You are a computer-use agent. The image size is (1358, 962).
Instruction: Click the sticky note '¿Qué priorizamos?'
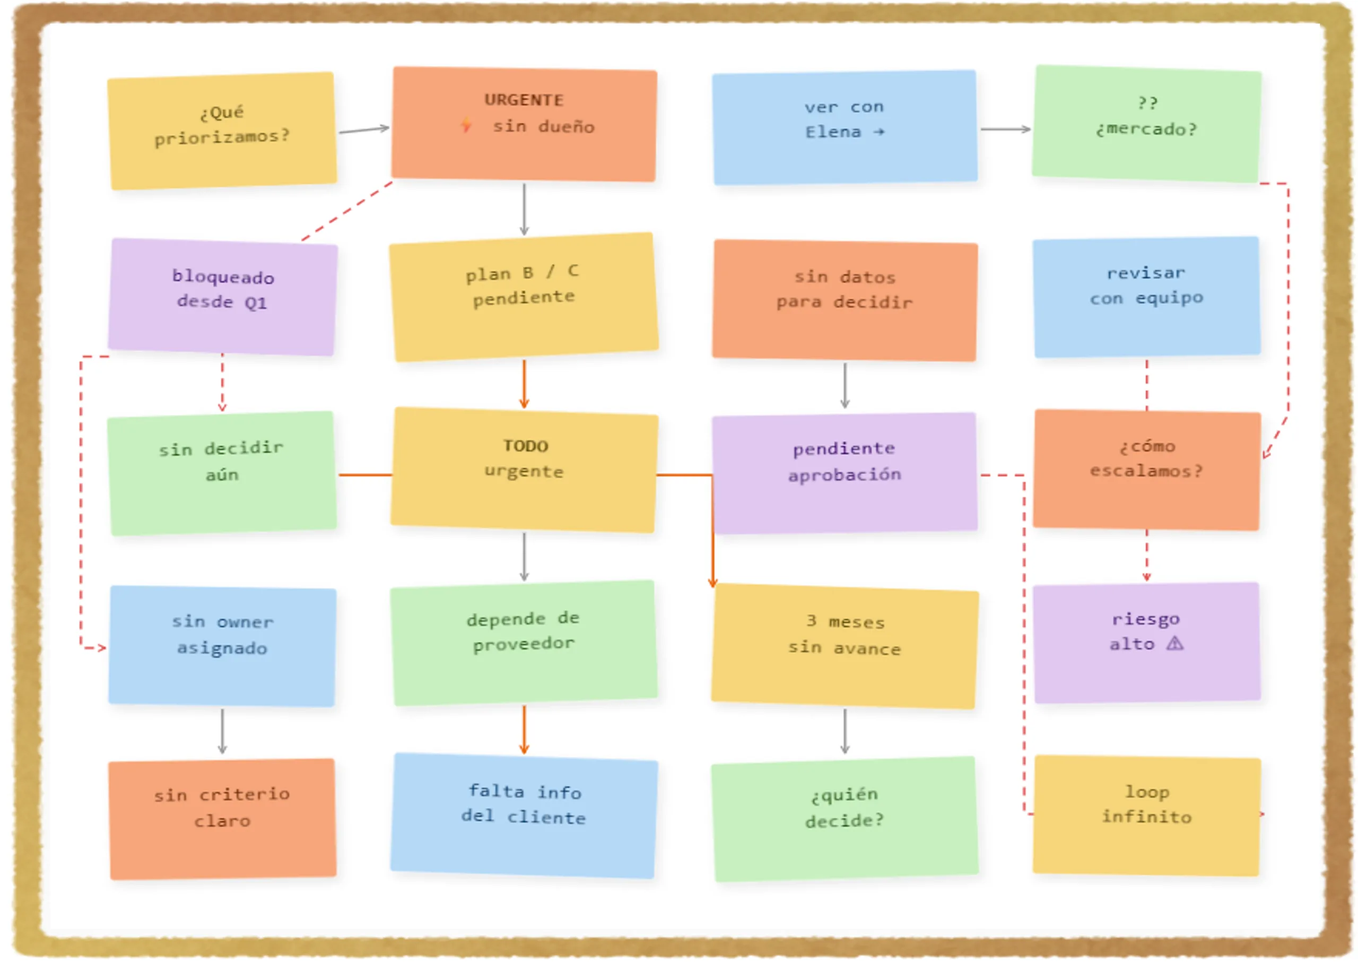pyautogui.click(x=222, y=131)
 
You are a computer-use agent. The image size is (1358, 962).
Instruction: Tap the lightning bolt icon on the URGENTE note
pyautogui.click(x=467, y=125)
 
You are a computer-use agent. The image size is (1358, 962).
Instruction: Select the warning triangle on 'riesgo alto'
pyautogui.click(x=1175, y=643)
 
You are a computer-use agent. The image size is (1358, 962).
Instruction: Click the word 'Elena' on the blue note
pyautogui.click(x=833, y=132)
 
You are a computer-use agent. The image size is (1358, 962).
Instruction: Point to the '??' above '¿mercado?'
pyautogui.click(x=1147, y=103)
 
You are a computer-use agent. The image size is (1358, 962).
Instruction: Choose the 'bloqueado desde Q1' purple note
pyautogui.click(x=223, y=297)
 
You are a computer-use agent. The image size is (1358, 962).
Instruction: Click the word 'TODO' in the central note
pyautogui.click(x=525, y=446)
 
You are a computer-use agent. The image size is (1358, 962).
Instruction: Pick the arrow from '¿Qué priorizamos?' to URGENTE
pyautogui.click(x=363, y=129)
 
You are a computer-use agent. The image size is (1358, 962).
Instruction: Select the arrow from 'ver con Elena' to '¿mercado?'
pyautogui.click(x=1006, y=129)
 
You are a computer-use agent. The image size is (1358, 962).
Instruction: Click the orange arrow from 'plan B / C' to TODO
pyautogui.click(x=524, y=384)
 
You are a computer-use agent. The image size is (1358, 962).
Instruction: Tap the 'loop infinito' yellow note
pyautogui.click(x=1146, y=815)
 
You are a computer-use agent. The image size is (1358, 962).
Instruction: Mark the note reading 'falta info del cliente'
pyautogui.click(x=524, y=816)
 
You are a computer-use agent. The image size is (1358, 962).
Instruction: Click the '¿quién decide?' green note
pyautogui.click(x=845, y=819)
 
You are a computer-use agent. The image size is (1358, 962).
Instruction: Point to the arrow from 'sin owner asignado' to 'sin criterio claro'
pyautogui.click(x=223, y=731)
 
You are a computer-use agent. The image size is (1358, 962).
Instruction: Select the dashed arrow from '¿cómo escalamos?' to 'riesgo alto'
pyautogui.click(x=1146, y=556)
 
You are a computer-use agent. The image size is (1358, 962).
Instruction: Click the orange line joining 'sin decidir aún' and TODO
pyautogui.click(x=365, y=475)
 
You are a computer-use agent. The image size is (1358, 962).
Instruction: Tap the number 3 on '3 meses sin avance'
pyautogui.click(x=812, y=620)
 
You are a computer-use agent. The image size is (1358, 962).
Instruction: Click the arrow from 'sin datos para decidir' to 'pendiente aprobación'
pyautogui.click(x=845, y=386)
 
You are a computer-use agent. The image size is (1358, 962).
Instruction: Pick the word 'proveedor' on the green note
pyautogui.click(x=524, y=644)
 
